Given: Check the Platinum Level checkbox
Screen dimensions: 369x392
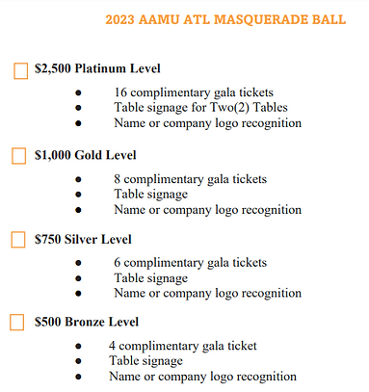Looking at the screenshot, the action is (x=19, y=70).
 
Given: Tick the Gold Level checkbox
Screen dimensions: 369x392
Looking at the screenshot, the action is (x=19, y=155).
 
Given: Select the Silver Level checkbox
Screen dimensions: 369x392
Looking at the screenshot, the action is (x=19, y=239).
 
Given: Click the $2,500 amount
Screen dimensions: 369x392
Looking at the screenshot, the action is (x=52, y=69).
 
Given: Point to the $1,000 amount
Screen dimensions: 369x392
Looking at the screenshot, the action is (x=52, y=154).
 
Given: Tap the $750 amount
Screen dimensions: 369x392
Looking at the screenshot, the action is (x=47, y=238).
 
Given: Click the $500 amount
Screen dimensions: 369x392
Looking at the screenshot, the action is (x=47, y=322).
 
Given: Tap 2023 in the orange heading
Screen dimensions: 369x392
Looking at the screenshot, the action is (x=121, y=18).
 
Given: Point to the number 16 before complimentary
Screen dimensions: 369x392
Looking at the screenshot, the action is (x=120, y=92).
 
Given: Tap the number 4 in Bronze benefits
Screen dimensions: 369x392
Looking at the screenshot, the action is (x=113, y=345).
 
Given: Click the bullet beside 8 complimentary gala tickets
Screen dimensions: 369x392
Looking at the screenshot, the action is (x=77, y=179).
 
